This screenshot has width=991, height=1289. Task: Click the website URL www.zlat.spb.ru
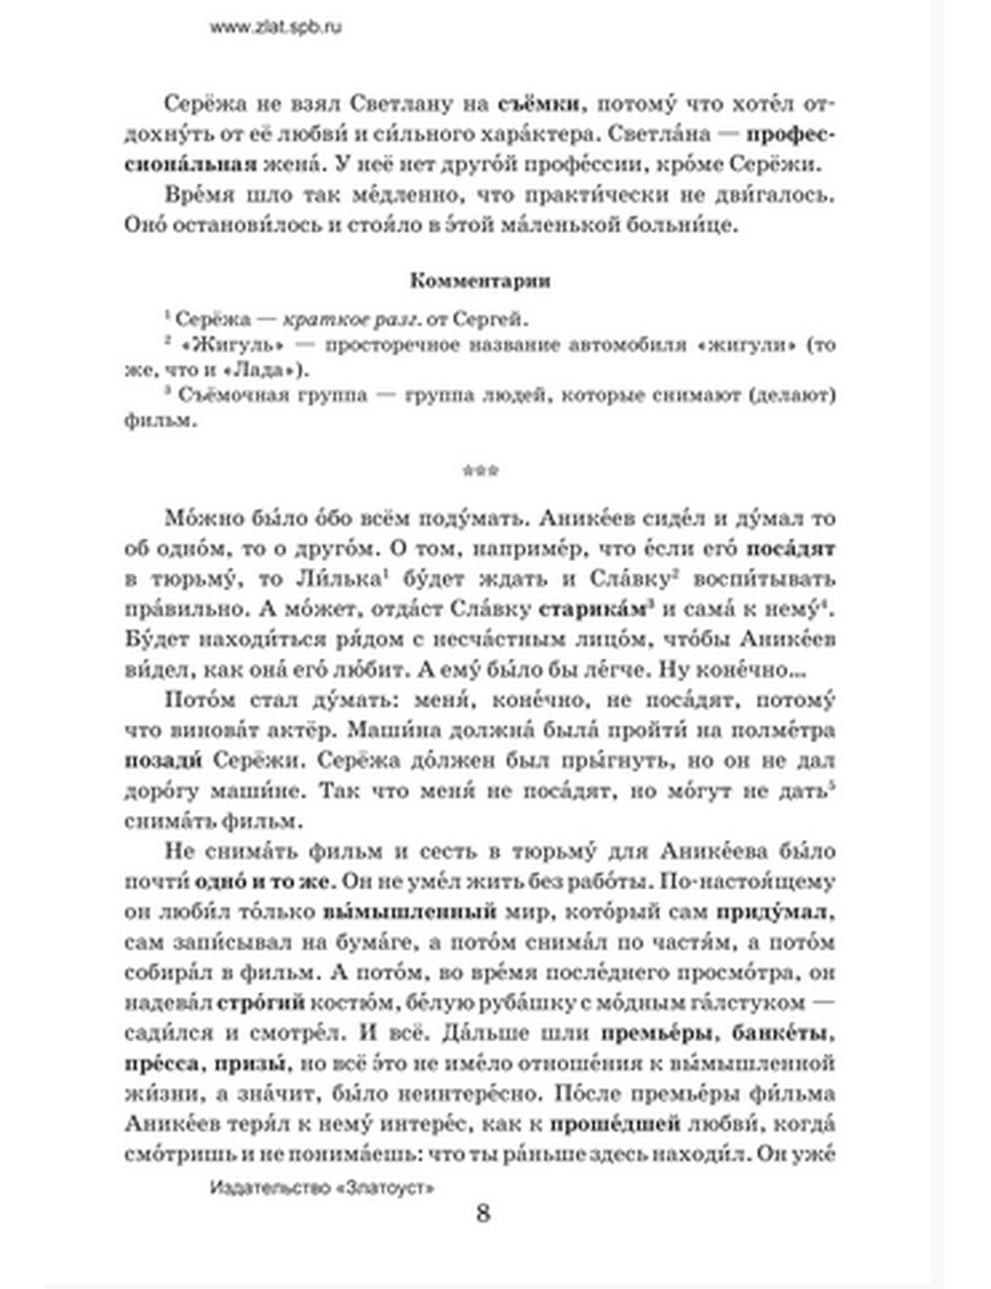click(275, 28)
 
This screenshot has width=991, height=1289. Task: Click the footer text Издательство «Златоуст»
click(323, 1186)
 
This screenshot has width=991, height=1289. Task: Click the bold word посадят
click(790, 548)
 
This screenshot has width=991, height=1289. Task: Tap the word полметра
click(783, 731)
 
